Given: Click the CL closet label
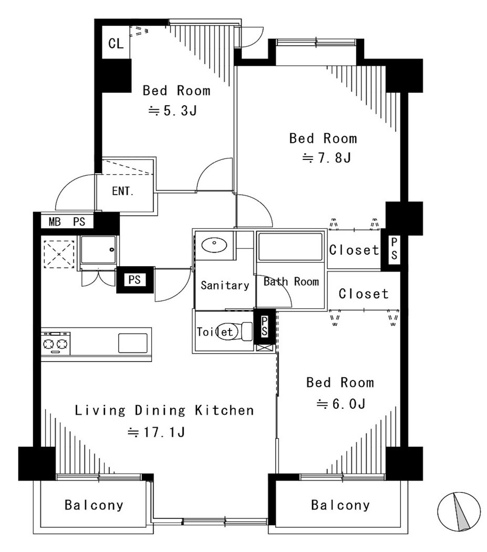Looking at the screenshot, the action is [116, 44].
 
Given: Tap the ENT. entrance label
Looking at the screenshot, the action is [123, 191].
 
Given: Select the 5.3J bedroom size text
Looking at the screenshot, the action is [173, 111].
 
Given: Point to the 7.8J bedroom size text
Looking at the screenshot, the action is [327, 158].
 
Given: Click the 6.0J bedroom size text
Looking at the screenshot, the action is [341, 404].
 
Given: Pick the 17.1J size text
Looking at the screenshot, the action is [157, 432].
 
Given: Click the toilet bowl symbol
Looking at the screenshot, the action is [234, 332].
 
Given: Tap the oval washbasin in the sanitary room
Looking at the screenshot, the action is [215, 245].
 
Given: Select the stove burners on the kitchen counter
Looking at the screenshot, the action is [56, 343].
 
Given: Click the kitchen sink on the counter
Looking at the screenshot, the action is [133, 343].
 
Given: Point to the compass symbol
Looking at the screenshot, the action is [459, 511].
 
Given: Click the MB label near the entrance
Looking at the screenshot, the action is [55, 222].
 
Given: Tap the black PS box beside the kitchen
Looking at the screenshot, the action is [135, 280].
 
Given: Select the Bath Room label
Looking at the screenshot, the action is [291, 282].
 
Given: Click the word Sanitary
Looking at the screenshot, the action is [225, 285].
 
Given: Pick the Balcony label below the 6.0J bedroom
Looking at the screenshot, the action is [340, 506].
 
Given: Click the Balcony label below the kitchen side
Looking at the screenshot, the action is [94, 505].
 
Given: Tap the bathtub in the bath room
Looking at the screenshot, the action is [290, 246].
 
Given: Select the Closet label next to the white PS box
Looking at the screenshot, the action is [354, 250].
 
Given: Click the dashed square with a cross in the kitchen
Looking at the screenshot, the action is [59, 254].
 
